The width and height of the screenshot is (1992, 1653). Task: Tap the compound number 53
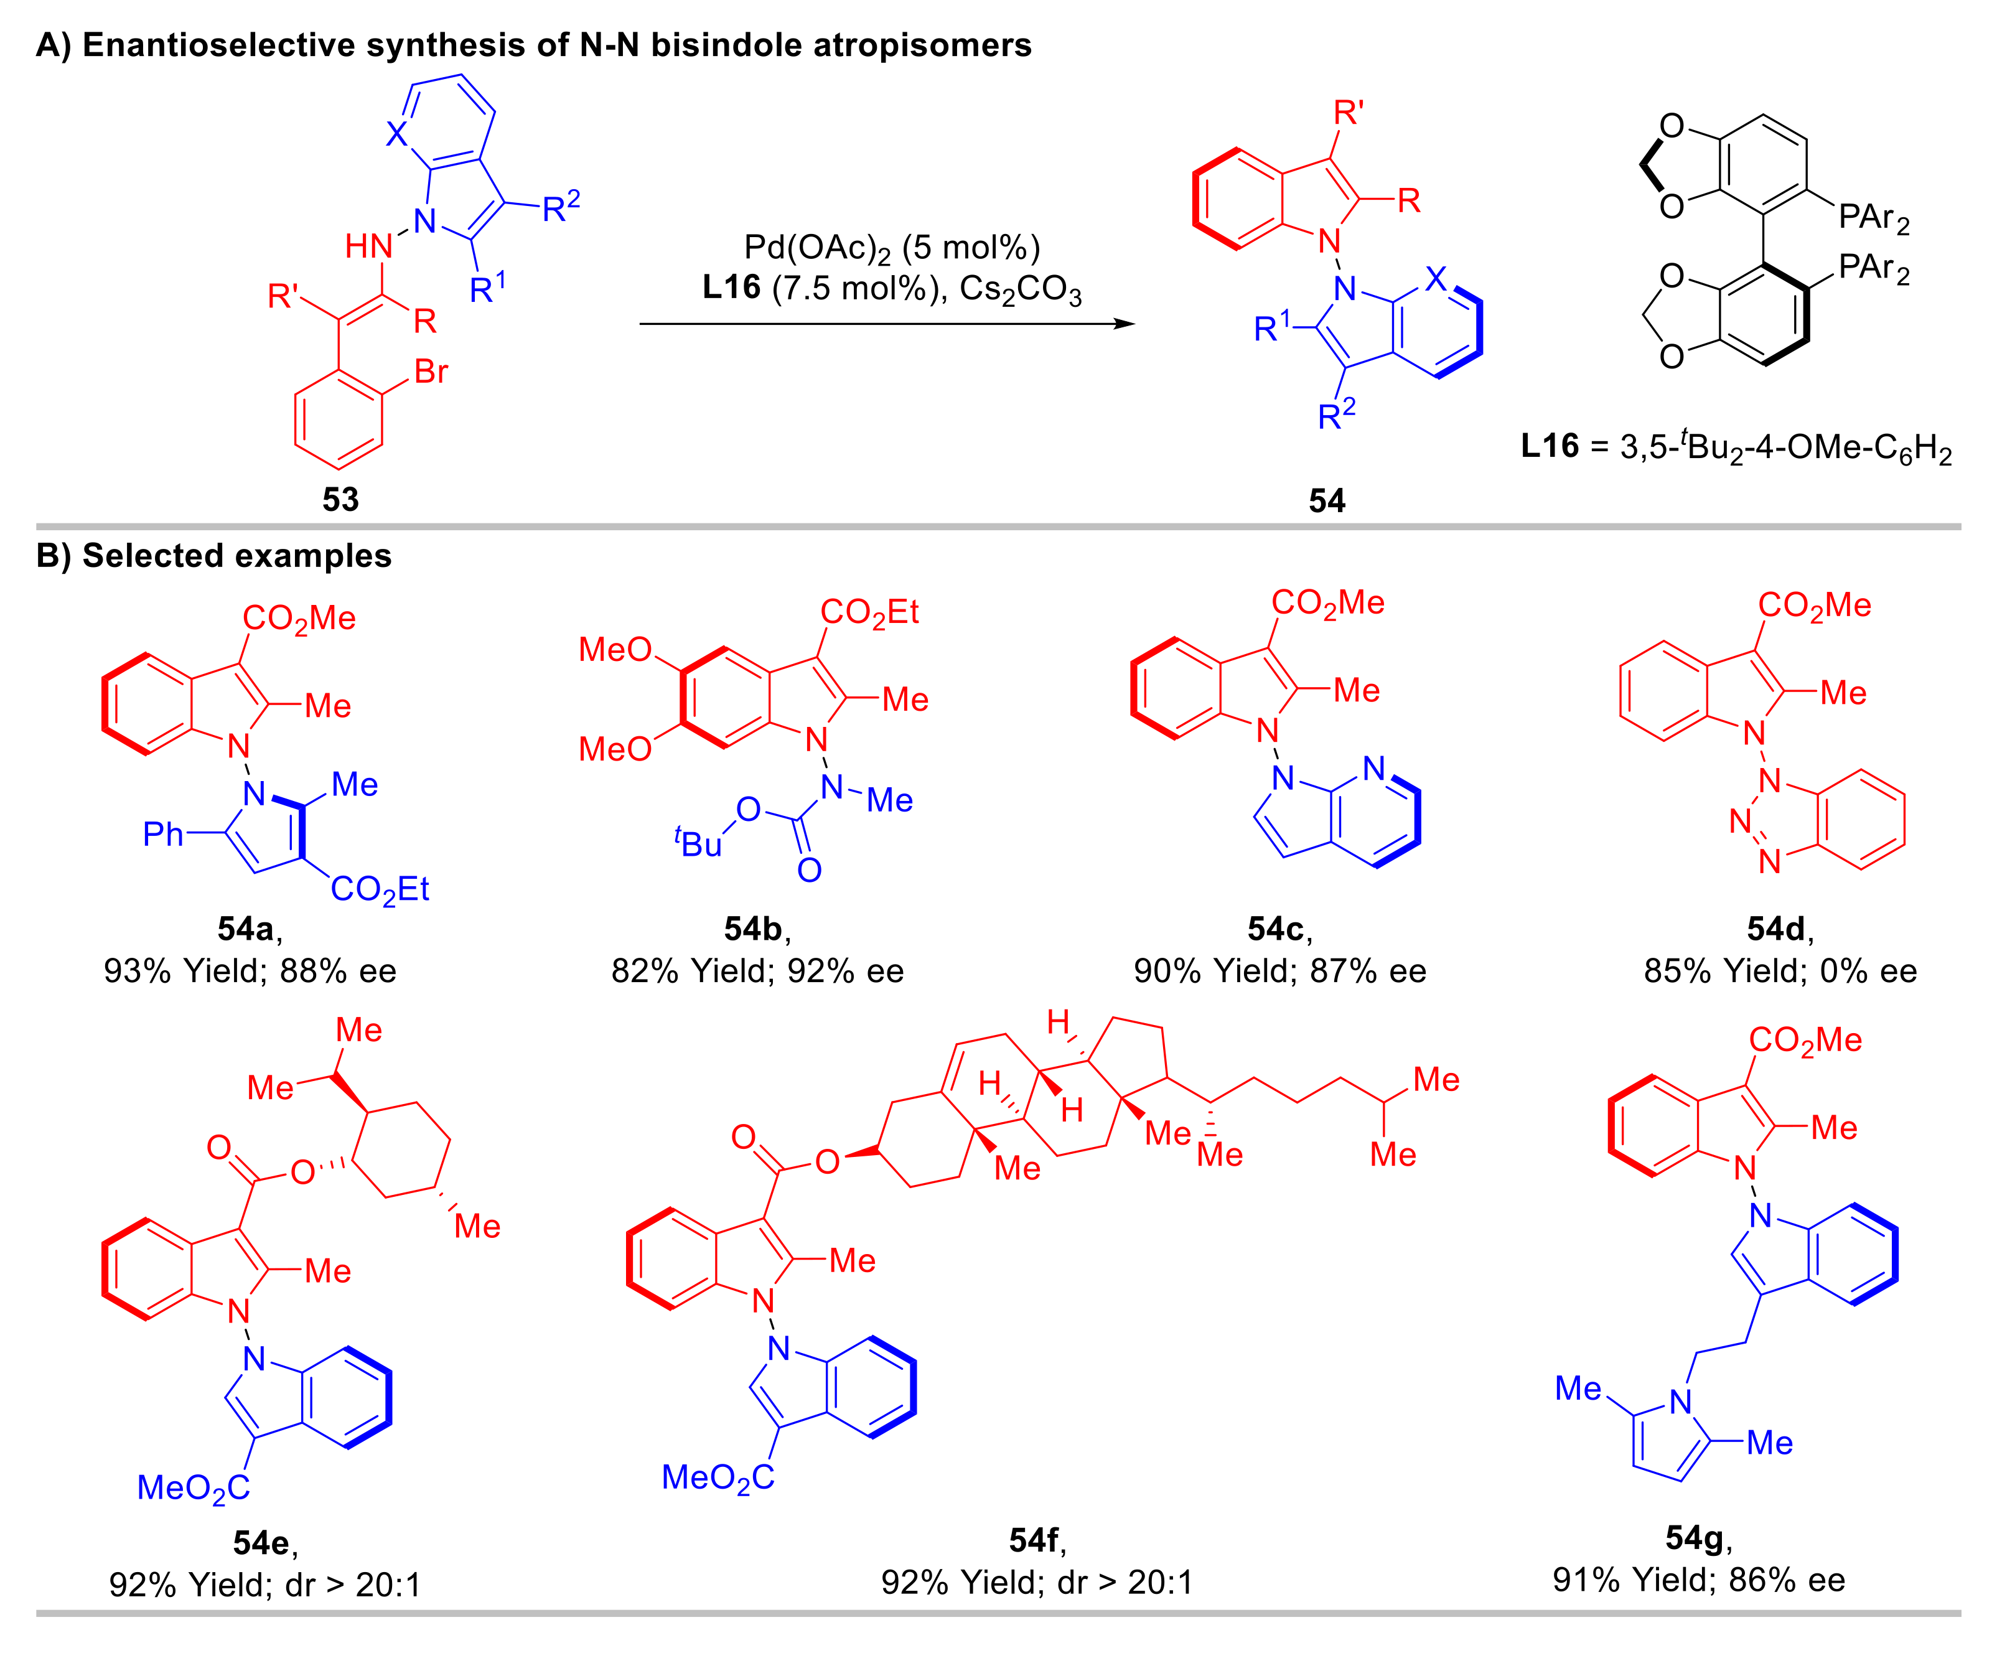coord(340,499)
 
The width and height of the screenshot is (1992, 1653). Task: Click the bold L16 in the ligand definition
coord(1550,446)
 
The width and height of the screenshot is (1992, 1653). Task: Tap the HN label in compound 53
coord(368,246)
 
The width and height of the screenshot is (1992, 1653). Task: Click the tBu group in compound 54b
coord(699,843)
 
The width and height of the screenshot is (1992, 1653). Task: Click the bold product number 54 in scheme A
coord(1326,500)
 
